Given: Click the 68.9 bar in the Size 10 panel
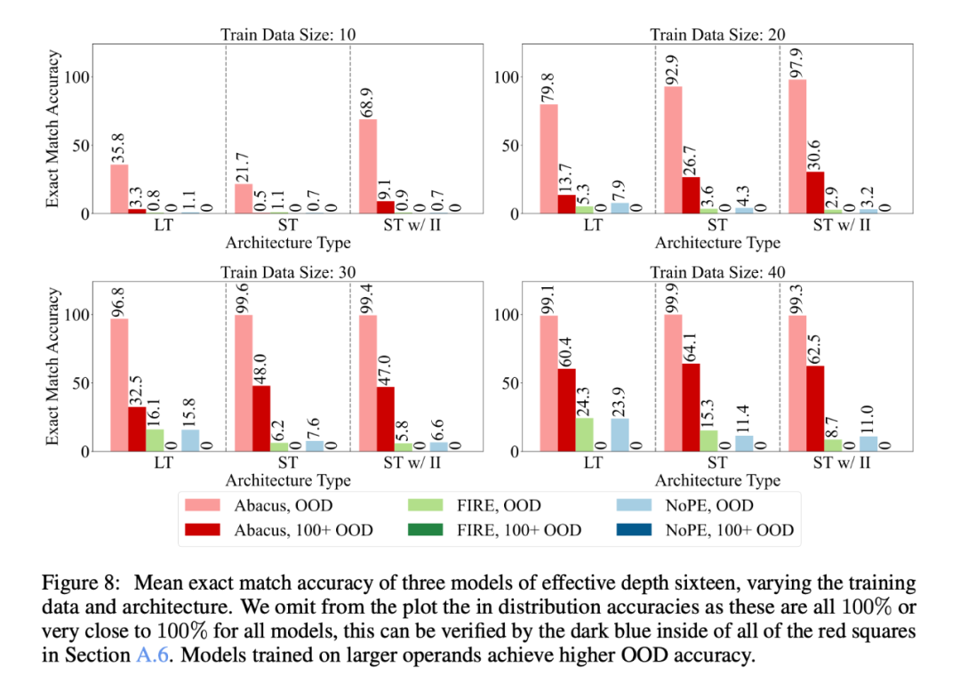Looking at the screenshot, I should click(367, 166).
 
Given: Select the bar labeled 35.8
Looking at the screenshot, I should click(119, 189).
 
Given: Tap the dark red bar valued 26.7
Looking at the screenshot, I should click(691, 195).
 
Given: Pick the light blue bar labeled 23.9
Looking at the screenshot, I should click(620, 435).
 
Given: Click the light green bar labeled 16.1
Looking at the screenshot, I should click(155, 440).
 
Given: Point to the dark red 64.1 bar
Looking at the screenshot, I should click(691, 407).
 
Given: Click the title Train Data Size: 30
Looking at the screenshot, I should click(289, 273).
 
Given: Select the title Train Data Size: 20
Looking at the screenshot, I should click(717, 36).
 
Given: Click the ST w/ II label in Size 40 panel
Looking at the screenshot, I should click(842, 463).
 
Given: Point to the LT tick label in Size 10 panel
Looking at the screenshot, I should click(164, 226).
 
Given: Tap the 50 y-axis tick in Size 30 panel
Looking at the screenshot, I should click(79, 383).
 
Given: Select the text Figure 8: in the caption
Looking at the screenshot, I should click(77, 584).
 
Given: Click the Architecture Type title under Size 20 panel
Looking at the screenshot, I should click(717, 243).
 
